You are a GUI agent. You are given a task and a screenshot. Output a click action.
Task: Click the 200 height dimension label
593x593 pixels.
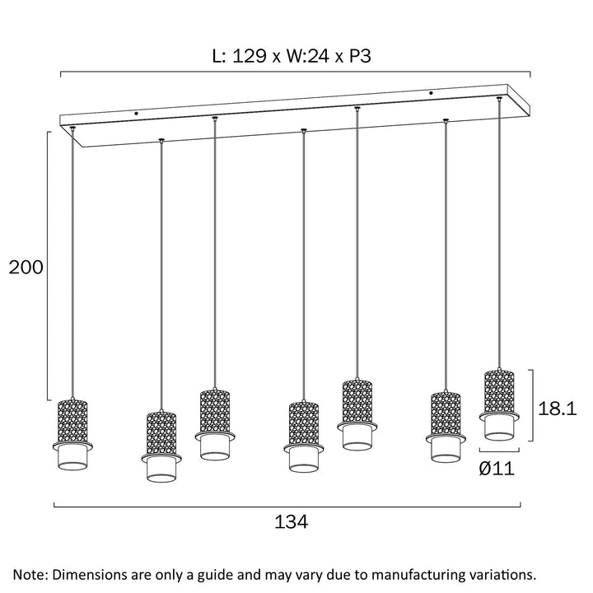pyautogui.click(x=25, y=267)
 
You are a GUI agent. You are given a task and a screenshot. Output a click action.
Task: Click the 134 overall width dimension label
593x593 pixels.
pyautogui.click(x=291, y=522)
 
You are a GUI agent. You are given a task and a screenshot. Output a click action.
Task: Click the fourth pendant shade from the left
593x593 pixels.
pyautogui.click(x=304, y=436)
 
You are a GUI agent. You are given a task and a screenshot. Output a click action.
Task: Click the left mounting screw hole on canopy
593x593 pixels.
pyautogui.click(x=137, y=113)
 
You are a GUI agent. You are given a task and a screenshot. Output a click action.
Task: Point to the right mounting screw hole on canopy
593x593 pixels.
pyautogui.click(x=430, y=93)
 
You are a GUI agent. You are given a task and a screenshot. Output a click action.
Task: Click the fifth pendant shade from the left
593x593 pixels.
pyautogui.click(x=357, y=414)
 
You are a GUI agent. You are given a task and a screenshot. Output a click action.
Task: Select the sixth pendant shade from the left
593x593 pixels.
pyautogui.click(x=446, y=427)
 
